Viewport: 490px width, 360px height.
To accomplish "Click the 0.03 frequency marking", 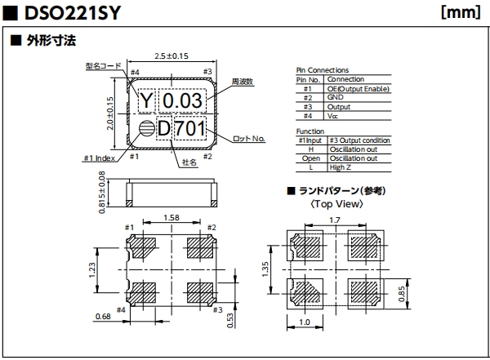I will click(x=182, y=100).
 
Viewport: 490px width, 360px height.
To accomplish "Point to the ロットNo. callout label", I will click(x=249, y=139).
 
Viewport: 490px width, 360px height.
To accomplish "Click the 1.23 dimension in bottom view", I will click(x=93, y=268).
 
